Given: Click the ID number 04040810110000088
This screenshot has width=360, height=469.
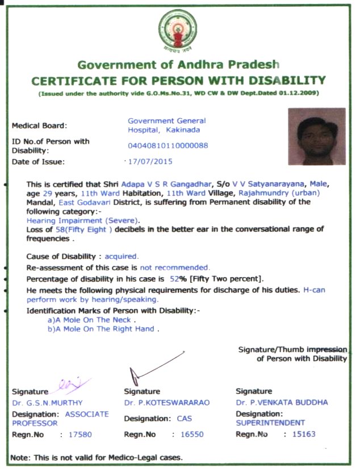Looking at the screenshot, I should [x=168, y=145].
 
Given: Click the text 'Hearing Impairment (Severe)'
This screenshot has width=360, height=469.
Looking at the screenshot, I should [x=83, y=220].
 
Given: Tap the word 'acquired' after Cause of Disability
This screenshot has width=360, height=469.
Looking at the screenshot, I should [x=122, y=256].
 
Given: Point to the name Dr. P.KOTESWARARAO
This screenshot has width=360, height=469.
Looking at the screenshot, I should [x=166, y=403].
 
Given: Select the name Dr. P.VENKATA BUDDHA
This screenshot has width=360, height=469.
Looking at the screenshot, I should [x=282, y=403].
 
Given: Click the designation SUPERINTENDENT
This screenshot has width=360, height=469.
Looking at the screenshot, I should [x=270, y=423].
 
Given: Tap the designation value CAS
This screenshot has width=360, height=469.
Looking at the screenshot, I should [x=185, y=419].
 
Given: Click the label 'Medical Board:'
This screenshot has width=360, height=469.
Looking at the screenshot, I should [x=39, y=125].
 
